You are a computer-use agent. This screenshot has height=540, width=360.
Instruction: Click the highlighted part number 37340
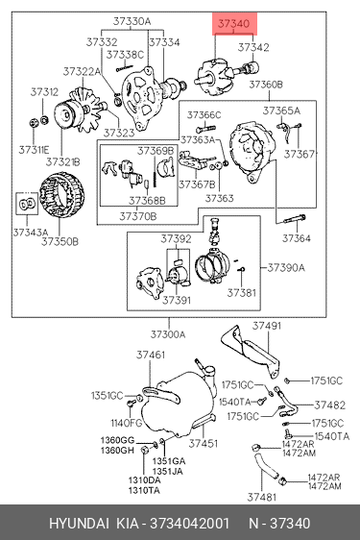tap(233, 23)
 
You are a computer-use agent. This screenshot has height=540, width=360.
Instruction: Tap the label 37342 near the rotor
tap(253, 47)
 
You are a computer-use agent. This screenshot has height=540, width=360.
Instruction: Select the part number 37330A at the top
tap(132, 21)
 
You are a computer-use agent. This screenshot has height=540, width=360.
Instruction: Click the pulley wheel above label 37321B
tap(67, 115)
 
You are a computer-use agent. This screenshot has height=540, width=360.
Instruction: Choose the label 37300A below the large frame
tap(168, 334)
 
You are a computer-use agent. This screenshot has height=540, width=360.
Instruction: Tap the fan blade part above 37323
tap(88, 110)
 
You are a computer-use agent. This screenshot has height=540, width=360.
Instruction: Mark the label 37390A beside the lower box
tap(286, 267)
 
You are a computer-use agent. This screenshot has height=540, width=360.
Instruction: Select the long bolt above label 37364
tap(295, 219)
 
